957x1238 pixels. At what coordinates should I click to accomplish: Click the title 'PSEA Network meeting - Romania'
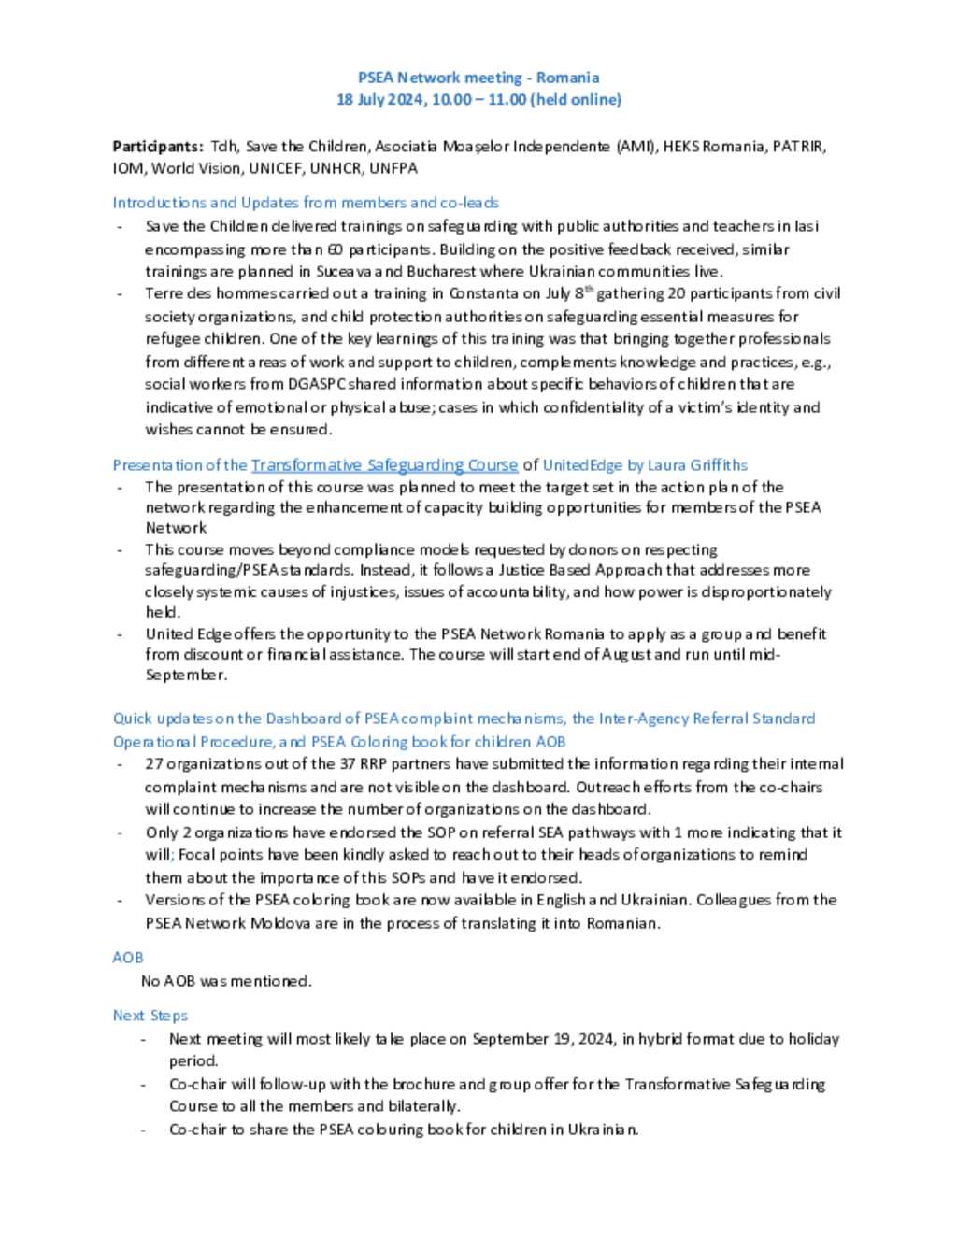[x=478, y=78]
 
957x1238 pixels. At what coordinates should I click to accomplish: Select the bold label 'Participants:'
[x=157, y=147]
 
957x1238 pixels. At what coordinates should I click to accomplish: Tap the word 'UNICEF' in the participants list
[x=276, y=169]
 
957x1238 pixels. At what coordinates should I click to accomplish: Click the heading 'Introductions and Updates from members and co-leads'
[x=306, y=203]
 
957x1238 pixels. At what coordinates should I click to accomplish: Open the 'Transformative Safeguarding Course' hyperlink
[x=384, y=465]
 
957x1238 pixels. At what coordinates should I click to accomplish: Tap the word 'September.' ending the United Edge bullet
[x=186, y=675]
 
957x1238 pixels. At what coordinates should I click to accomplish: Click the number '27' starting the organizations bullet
[x=154, y=764]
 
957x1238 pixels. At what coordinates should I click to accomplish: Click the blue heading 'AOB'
[x=128, y=958]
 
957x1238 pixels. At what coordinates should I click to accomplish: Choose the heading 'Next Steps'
[x=150, y=1016]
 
